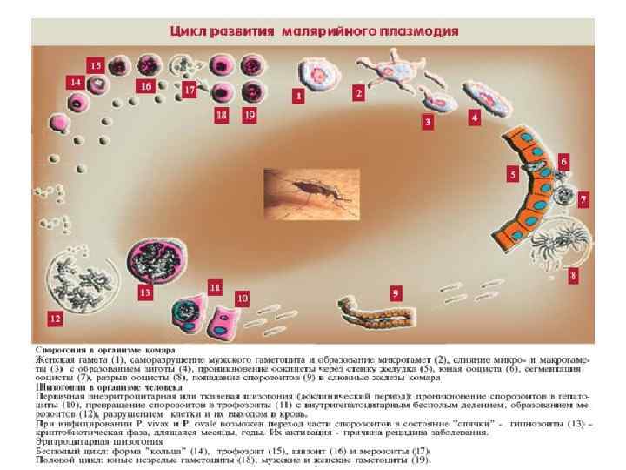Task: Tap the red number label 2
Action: [357, 91]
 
